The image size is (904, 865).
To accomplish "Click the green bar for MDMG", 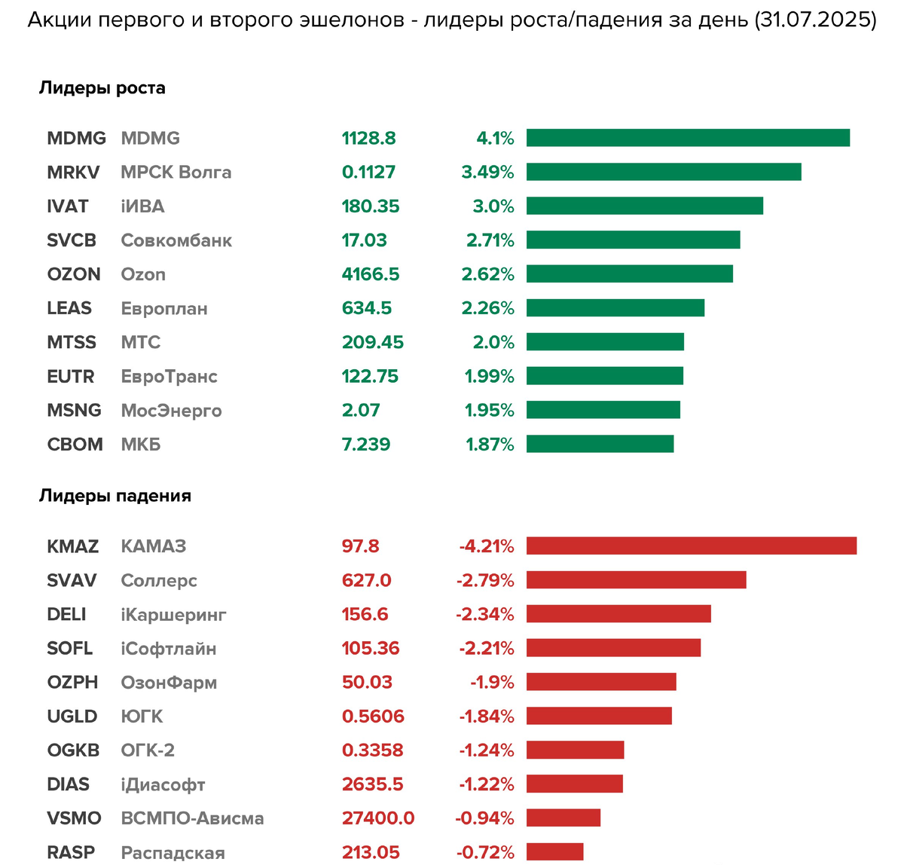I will (x=688, y=138).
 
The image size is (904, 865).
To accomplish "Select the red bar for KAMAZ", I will (x=692, y=546).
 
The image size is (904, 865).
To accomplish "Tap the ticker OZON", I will (x=74, y=274).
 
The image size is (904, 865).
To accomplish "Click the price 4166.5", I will (x=371, y=274).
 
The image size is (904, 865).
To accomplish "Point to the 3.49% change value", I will (x=487, y=172).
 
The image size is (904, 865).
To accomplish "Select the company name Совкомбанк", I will (x=176, y=240).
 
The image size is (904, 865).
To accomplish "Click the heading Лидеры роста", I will (x=102, y=88).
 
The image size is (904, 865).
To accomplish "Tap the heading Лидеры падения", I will (x=115, y=496).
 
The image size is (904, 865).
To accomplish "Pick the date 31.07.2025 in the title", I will (x=815, y=20).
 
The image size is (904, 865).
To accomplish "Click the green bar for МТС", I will (x=605, y=342).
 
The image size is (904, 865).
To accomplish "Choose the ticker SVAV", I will (x=72, y=580).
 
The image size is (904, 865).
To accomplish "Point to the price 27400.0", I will (x=378, y=818).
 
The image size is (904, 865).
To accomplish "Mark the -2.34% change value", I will (x=485, y=614).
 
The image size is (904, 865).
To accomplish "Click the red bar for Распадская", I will (x=554, y=851).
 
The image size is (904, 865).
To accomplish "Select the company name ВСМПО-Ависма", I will (x=192, y=818).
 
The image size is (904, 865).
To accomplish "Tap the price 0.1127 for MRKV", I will (x=368, y=172).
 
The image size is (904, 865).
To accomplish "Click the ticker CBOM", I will (x=75, y=445).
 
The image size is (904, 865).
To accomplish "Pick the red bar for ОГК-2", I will (x=575, y=750).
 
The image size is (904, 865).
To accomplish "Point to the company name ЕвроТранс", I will (x=169, y=376).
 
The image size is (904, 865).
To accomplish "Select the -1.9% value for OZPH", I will (x=492, y=682).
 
